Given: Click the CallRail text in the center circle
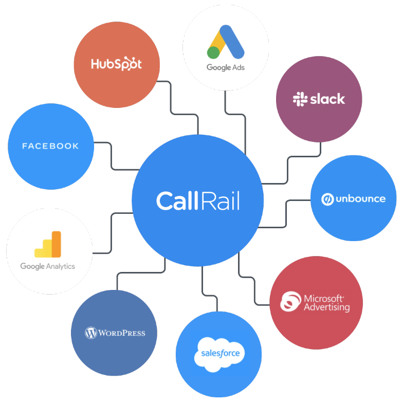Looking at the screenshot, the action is pos(198,201).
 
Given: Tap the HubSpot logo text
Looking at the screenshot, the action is pos(116,64).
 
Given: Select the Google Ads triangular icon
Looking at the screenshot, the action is pos(226,42).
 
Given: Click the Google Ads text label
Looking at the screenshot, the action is pos(226,67).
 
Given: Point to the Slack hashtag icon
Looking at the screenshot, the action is pos(300,99).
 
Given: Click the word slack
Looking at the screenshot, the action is pos(327,99).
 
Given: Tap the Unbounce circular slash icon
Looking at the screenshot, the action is pos(327,199).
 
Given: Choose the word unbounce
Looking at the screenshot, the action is pos(360,199).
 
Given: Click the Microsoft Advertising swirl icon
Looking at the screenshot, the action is pos(290,301).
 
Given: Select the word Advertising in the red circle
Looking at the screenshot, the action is pos(326,307).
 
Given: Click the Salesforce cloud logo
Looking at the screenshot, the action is pos(220,354).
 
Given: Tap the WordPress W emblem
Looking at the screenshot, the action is pos(91,333).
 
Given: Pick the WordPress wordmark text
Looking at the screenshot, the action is pos(122,333).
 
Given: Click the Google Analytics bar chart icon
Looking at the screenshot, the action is pos(48,244).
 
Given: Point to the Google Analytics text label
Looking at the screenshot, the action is pos(48,266).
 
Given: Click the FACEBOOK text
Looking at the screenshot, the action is pos(50,146).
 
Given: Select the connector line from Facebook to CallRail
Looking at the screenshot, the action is pos(112,156).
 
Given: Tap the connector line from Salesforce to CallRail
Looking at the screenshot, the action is pos(209,296).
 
